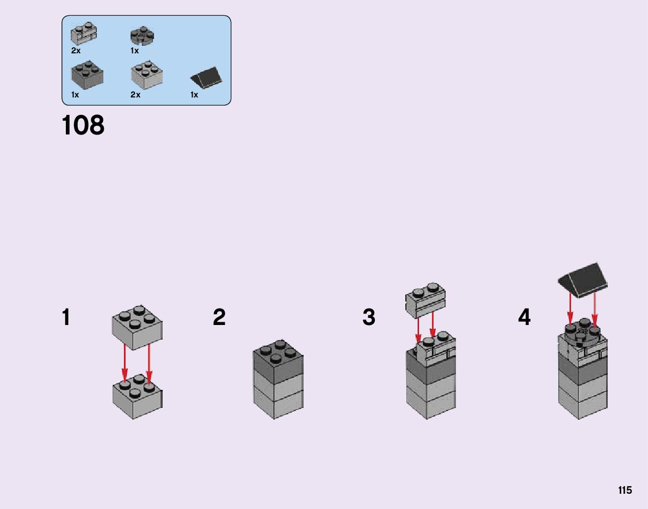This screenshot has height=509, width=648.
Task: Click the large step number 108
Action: [x=83, y=125]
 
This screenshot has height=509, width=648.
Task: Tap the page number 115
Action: [x=625, y=490]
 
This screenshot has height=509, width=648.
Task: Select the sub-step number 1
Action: [x=66, y=317]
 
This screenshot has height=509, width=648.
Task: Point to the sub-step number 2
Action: [x=219, y=317]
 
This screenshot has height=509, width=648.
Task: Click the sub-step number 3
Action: [x=369, y=317]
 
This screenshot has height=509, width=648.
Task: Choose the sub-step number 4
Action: [x=524, y=317]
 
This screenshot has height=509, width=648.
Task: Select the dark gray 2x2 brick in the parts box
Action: [x=87, y=75]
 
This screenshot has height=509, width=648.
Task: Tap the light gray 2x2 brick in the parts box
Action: [x=146, y=75]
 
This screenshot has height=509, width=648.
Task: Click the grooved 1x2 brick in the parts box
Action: [x=83, y=34]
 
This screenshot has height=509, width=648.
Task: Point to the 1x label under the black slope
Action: [x=194, y=95]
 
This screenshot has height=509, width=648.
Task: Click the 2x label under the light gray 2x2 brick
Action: [x=135, y=95]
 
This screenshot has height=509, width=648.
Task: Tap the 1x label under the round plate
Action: [x=134, y=51]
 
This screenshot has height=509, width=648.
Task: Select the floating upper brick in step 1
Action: [x=137, y=326]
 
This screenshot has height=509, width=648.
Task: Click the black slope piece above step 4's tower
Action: [x=584, y=279]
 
